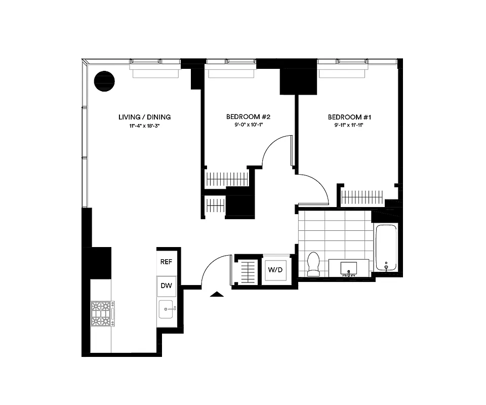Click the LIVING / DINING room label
click(x=144, y=117)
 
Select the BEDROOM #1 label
click(x=349, y=117)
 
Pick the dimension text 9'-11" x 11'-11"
click(x=349, y=125)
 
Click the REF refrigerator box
click(x=167, y=262)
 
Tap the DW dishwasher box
click(x=167, y=286)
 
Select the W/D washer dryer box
click(x=275, y=269)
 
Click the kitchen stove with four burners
click(x=103, y=313)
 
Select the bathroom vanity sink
click(x=350, y=267)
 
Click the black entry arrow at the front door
click(x=217, y=294)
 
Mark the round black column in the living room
click(x=105, y=81)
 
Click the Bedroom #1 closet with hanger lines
click(x=362, y=197)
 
